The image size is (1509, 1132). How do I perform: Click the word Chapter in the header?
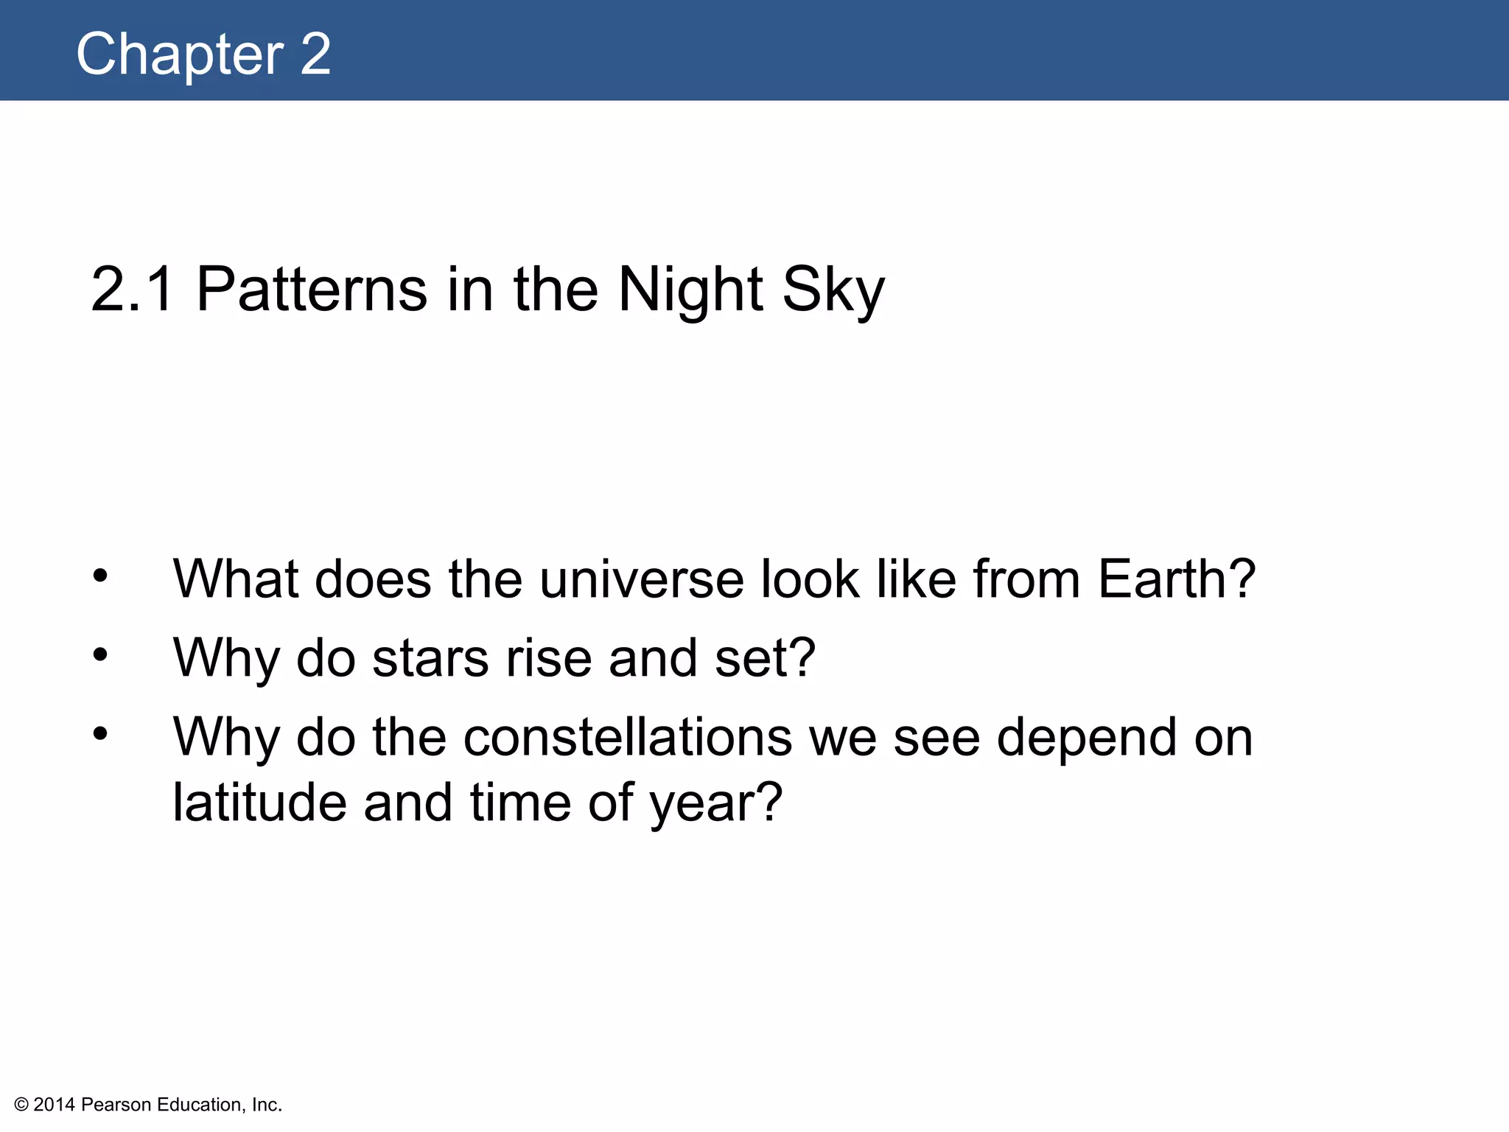pos(180,55)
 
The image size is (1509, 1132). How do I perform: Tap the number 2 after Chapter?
pos(315,55)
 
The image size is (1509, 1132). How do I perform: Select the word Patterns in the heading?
pos(312,289)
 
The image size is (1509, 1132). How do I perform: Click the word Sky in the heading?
pos(833,289)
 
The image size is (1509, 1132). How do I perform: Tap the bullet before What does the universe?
pos(101,576)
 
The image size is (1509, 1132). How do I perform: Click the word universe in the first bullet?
pos(642,579)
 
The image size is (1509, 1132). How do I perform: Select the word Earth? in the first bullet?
pos(1177,579)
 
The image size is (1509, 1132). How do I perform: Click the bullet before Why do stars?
pos(101,654)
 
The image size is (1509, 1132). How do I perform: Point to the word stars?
pos(430,657)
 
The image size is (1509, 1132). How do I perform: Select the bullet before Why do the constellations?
pos(101,733)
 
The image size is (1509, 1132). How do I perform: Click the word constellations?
pos(628,737)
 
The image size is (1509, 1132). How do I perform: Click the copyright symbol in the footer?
pos(21,1105)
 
